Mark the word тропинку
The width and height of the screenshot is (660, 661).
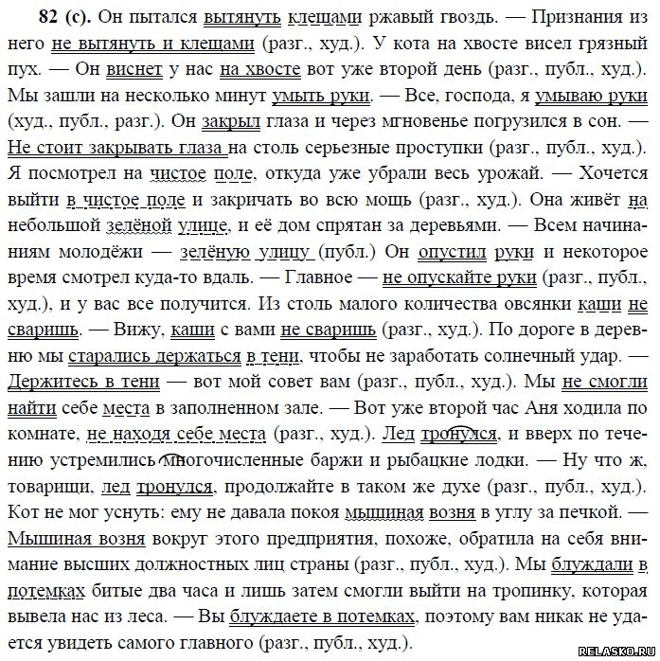pos(529,591)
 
